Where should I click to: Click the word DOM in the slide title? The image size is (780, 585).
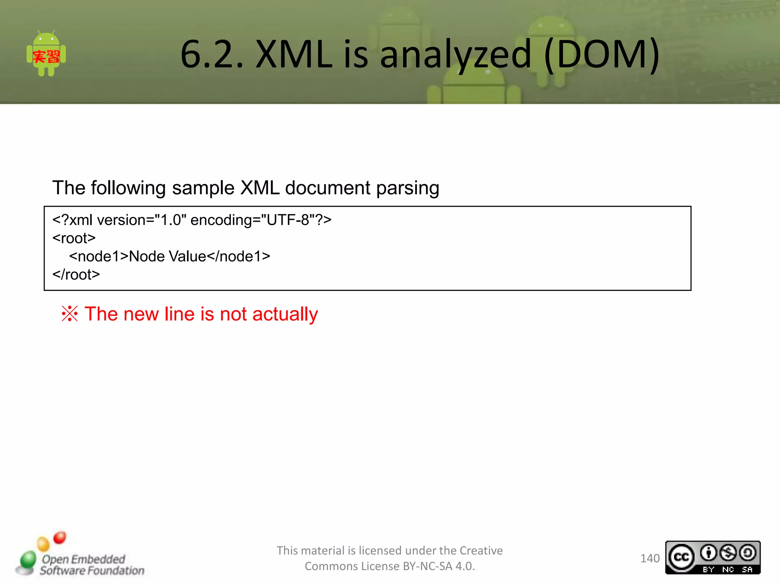[x=602, y=54]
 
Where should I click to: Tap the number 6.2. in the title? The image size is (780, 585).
[x=212, y=54]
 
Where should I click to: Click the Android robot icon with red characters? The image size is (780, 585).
[x=46, y=54]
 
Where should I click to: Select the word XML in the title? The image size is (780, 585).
[x=294, y=54]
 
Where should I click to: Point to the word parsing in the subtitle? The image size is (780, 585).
[x=408, y=188]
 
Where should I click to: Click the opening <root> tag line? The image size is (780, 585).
[x=74, y=238]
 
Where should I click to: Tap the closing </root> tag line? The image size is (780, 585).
[x=76, y=275]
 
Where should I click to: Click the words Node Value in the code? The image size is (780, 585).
[x=168, y=257]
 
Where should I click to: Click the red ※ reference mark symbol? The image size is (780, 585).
[x=70, y=314]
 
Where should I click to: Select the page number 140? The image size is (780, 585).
[x=650, y=558]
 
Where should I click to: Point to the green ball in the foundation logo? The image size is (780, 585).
[x=27, y=560]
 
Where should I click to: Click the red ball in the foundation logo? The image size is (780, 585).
[x=60, y=537]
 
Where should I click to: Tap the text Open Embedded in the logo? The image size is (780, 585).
[x=83, y=559]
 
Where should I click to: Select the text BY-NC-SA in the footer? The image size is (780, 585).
[x=427, y=566]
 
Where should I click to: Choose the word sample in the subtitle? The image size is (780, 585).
[x=203, y=188]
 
